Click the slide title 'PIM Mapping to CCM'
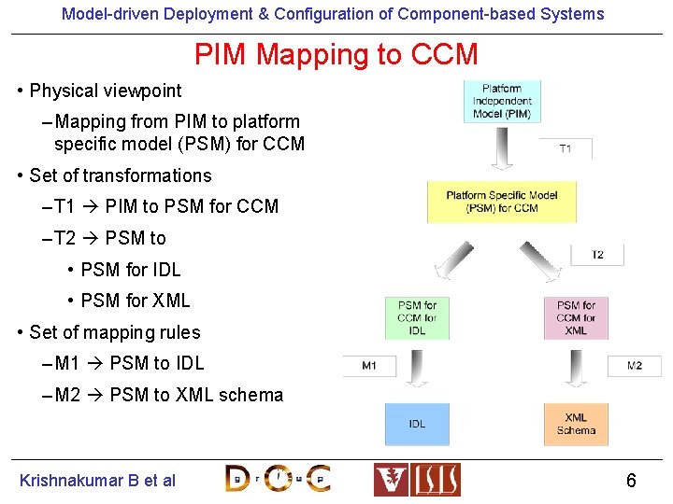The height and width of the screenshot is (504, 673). (x=336, y=55)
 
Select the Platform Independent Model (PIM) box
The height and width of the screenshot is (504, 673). (x=502, y=101)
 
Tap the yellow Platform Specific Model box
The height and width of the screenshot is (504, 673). (x=501, y=202)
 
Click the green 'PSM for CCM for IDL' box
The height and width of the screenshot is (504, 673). (x=417, y=318)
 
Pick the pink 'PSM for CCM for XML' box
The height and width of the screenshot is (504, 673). (x=576, y=318)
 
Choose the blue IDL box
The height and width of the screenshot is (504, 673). (x=417, y=424)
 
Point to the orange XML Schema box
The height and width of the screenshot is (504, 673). (x=576, y=424)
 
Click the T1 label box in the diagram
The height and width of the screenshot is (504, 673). (x=566, y=148)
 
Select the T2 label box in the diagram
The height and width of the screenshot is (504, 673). (x=596, y=255)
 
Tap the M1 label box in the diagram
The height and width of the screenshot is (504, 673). (x=369, y=365)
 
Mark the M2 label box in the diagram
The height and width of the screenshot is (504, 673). (x=634, y=365)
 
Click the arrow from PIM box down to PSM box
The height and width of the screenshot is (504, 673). (x=502, y=149)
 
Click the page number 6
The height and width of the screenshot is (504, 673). (x=631, y=481)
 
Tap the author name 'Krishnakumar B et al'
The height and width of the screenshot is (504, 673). (x=97, y=481)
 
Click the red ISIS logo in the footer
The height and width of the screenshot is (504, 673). (x=417, y=480)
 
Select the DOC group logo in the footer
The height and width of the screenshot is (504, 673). (x=278, y=479)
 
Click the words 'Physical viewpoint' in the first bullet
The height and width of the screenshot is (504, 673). (x=106, y=91)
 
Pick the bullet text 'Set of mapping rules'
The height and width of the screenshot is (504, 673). (x=115, y=332)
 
